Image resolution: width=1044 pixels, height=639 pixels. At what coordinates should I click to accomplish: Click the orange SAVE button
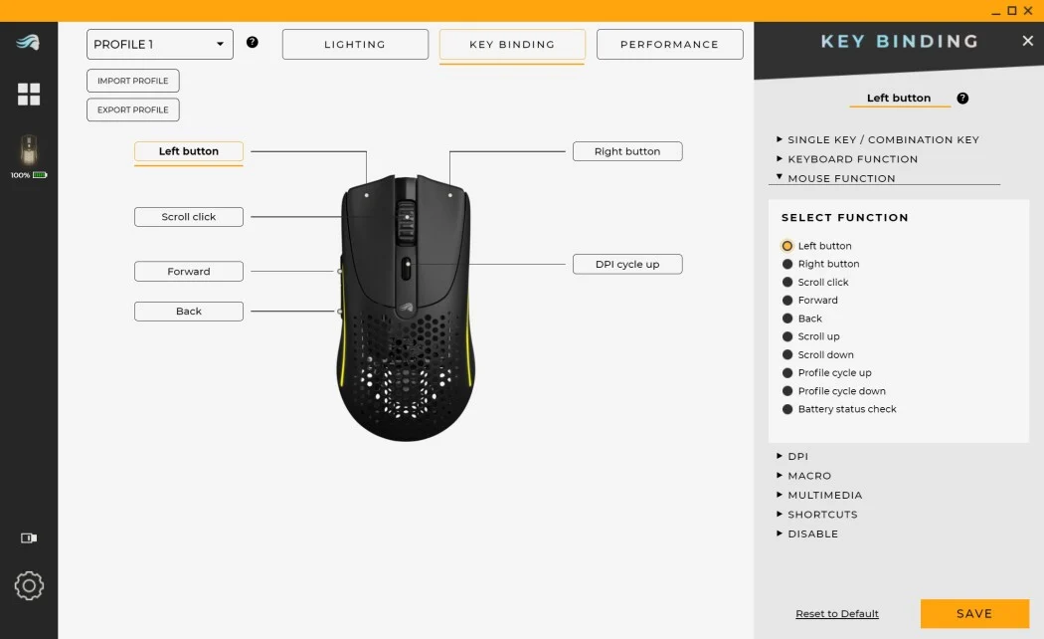[974, 613]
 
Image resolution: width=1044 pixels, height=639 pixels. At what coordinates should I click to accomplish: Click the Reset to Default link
[837, 614]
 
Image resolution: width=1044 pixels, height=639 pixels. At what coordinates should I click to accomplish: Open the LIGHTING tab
[355, 44]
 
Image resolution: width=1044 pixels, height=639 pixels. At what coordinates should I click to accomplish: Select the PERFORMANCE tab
[670, 44]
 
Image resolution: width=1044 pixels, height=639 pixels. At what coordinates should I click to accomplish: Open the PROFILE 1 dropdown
[160, 44]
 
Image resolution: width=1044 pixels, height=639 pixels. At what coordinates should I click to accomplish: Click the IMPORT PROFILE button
[133, 81]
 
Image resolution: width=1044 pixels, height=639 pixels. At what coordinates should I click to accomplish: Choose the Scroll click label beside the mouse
[189, 217]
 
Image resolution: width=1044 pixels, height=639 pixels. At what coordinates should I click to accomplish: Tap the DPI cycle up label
[627, 264]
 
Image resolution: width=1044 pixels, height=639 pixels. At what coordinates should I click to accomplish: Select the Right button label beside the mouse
[627, 151]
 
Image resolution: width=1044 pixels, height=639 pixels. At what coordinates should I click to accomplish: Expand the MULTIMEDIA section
[819, 495]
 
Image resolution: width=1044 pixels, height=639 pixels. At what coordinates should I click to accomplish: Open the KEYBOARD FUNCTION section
[847, 159]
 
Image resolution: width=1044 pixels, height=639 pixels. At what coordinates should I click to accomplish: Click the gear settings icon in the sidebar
[29, 585]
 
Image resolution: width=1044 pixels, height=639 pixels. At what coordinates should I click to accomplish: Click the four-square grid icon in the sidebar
[29, 94]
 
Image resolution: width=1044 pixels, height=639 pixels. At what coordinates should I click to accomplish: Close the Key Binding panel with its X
[1027, 41]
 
